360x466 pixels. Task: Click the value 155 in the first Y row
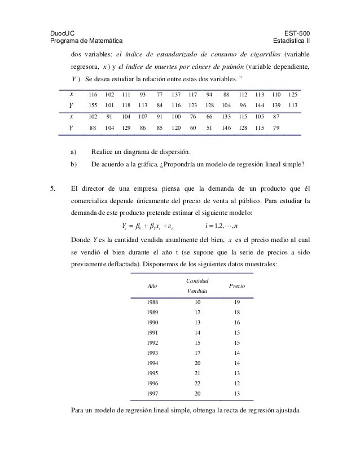tap(94, 105)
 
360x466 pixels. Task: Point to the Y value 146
tap(227, 128)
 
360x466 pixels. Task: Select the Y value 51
tap(209, 128)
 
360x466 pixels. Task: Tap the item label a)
tap(74, 152)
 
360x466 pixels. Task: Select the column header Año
tap(152, 286)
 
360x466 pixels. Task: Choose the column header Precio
tap(237, 286)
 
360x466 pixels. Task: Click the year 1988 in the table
tap(152, 303)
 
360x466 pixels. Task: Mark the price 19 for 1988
tap(237, 303)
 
